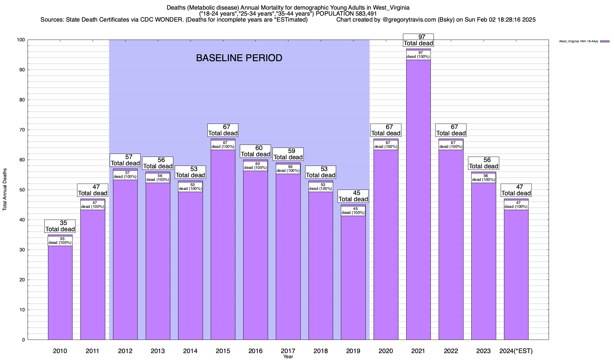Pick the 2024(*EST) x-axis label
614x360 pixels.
tap(516, 351)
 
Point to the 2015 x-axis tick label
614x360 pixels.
tap(223, 351)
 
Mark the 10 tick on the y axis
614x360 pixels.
tap(22, 310)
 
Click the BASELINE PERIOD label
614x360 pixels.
tap(239, 58)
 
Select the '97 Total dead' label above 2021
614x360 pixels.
tap(418, 40)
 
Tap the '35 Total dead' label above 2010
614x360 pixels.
tap(60, 226)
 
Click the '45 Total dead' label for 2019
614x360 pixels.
tap(353, 196)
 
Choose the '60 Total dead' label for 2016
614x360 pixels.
tap(255, 151)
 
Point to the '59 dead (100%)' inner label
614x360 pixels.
tap(288, 169)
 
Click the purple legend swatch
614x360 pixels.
tap(605, 41)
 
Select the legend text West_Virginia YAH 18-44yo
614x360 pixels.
tap(579, 41)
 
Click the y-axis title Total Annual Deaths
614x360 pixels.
tap(5, 189)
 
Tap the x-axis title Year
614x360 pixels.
tap(288, 357)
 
